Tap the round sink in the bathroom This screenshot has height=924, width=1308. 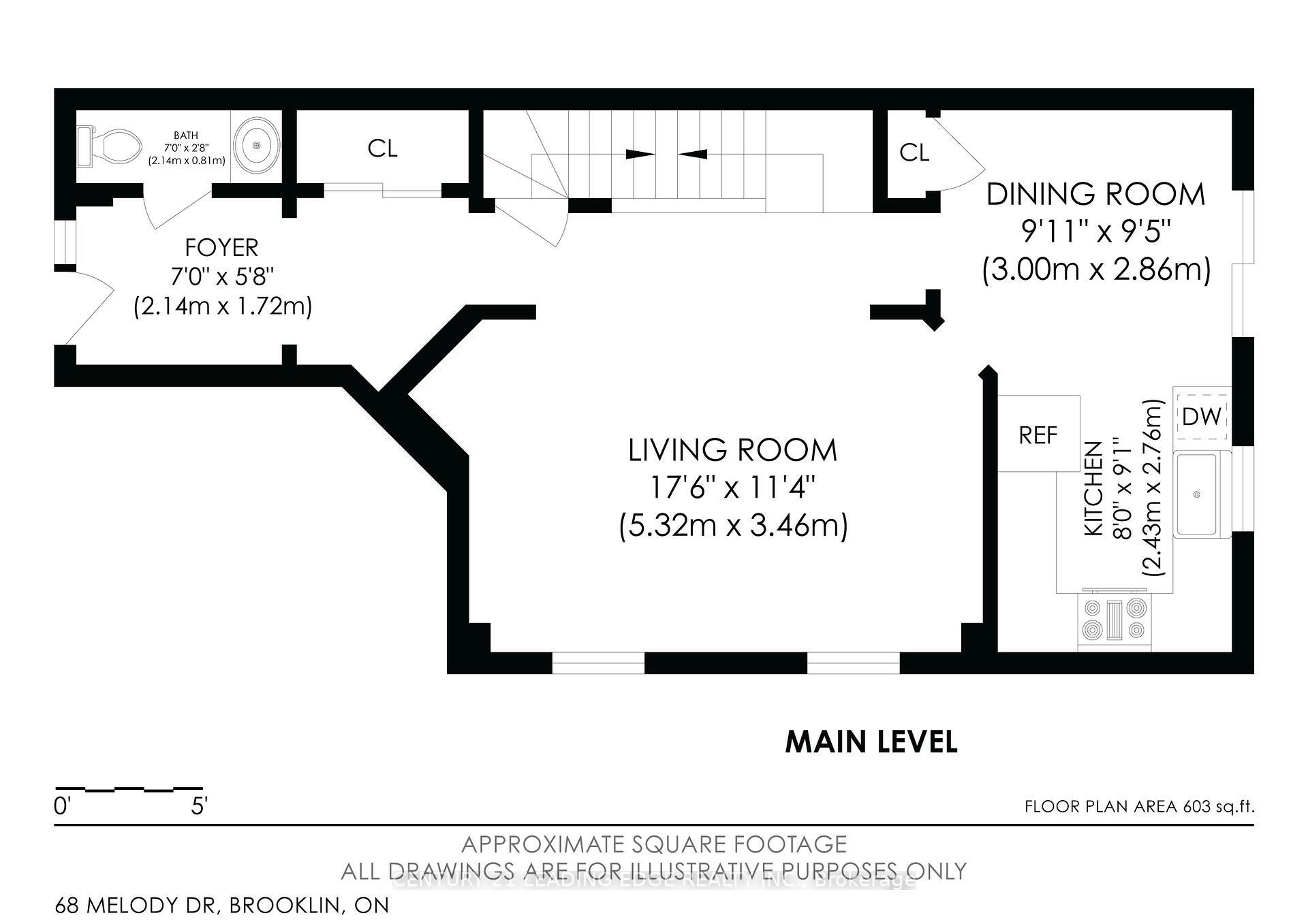[x=257, y=146]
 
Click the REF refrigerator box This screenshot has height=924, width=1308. [x=1038, y=434]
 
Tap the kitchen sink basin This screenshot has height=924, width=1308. [x=1197, y=494]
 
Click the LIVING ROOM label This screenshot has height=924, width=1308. [x=732, y=450]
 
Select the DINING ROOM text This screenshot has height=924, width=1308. [x=1095, y=195]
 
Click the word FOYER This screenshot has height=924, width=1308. [x=221, y=247]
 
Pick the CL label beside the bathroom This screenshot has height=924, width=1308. [x=382, y=148]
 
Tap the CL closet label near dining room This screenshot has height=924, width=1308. [x=914, y=153]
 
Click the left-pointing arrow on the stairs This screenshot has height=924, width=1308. [x=692, y=154]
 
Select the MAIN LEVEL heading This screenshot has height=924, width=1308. [x=871, y=742]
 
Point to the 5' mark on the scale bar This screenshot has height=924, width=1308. [x=199, y=807]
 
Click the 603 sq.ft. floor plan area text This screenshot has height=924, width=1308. [x=1139, y=807]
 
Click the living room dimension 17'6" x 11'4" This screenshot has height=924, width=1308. [x=732, y=488]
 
